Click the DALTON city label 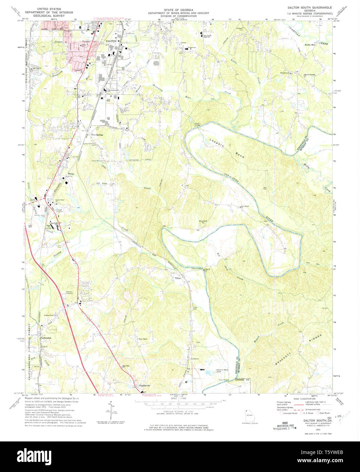pos(111,40)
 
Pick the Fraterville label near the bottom pos(144,385)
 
